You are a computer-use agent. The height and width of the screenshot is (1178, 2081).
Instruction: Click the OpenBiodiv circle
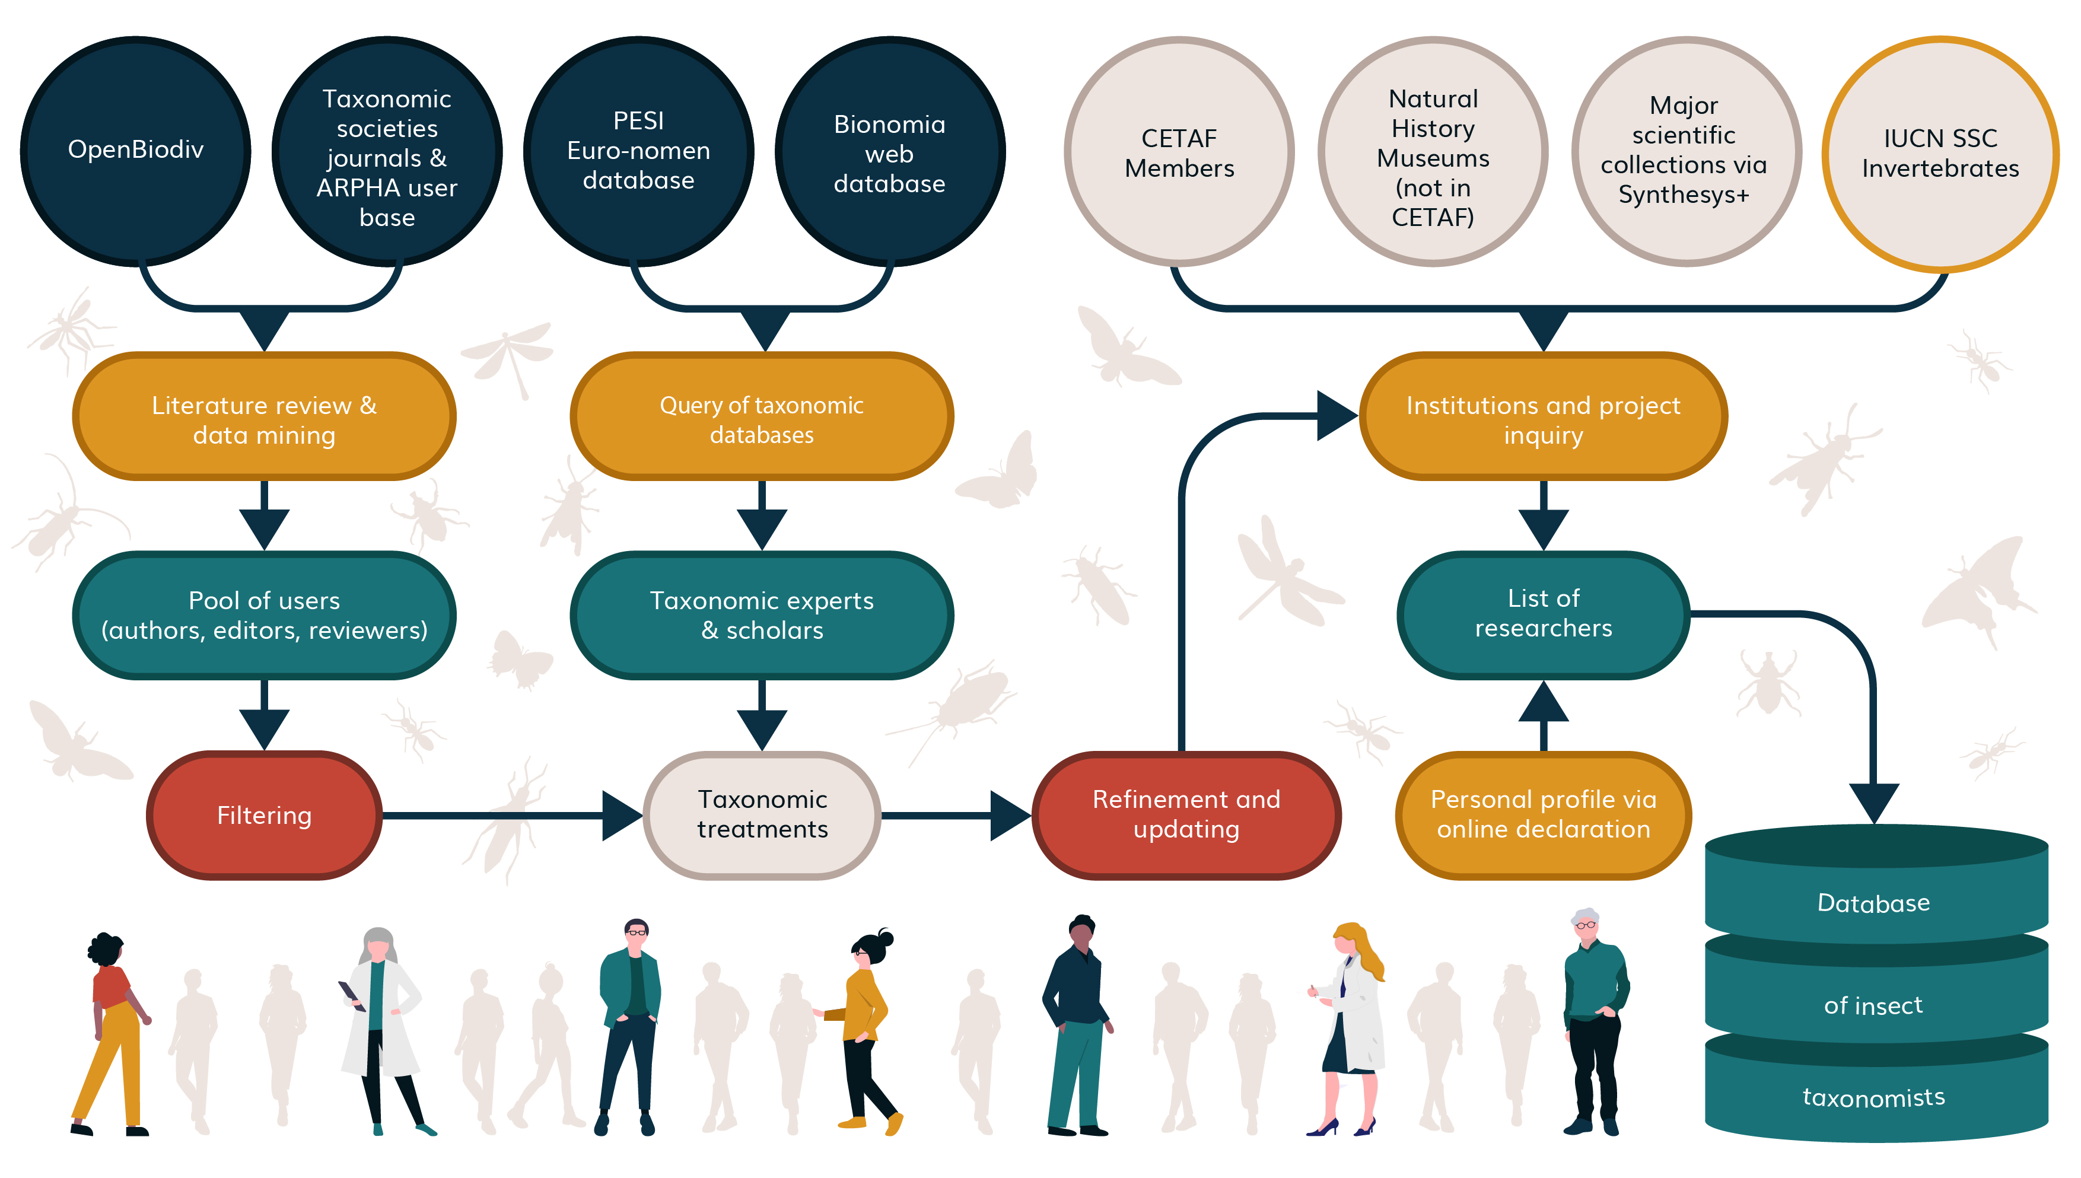tap(135, 151)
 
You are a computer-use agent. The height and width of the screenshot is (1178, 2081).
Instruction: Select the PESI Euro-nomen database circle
tap(638, 151)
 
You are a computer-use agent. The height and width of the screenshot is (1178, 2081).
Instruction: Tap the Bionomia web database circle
tap(889, 152)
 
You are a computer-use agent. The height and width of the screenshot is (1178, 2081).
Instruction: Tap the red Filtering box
tap(264, 815)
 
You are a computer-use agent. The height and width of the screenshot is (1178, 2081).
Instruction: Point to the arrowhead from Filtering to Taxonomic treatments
tap(621, 815)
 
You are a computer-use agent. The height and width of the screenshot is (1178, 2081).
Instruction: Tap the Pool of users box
tap(264, 616)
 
